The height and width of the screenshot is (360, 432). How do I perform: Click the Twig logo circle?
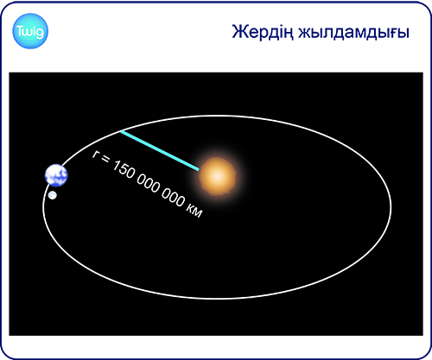pyautogui.click(x=30, y=31)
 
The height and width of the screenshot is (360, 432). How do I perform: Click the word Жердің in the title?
pyautogui.click(x=263, y=32)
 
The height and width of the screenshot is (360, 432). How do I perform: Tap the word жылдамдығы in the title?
pyautogui.click(x=353, y=33)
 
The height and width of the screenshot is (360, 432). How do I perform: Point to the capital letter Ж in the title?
pyautogui.click(x=238, y=31)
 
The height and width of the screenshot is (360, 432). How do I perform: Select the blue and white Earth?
pyautogui.click(x=56, y=175)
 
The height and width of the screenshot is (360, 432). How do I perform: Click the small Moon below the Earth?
pyautogui.click(x=53, y=195)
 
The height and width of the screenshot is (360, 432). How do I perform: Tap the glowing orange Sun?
pyautogui.click(x=218, y=176)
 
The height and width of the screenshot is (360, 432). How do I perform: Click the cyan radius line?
pyautogui.click(x=160, y=150)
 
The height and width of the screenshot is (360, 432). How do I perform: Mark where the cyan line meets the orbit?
pyautogui.click(x=121, y=131)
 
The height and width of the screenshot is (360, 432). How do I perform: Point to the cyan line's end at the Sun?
pyautogui.click(x=199, y=170)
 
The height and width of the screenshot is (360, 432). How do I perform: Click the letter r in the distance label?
pyautogui.click(x=95, y=155)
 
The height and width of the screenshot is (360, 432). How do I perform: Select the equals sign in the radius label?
pyautogui.click(x=105, y=160)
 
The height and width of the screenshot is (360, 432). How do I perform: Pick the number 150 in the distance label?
pyautogui.click(x=123, y=169)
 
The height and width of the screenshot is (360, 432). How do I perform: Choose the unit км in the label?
pyautogui.click(x=194, y=210)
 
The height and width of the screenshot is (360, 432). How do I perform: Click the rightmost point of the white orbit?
pyautogui.click(x=391, y=207)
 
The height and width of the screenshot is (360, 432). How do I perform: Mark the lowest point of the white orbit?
pyautogui.click(x=218, y=299)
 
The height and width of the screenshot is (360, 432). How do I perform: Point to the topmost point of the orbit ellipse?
pyautogui.click(x=218, y=116)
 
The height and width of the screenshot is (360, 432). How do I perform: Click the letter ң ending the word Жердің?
pyautogui.click(x=289, y=35)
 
